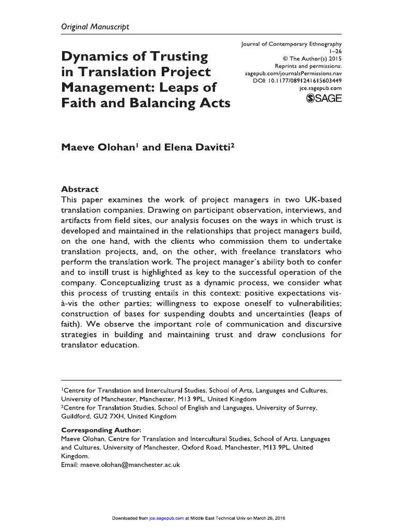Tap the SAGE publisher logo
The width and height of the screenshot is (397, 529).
pyautogui.click(x=324, y=99)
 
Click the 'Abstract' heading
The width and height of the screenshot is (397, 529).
pyautogui.click(x=80, y=190)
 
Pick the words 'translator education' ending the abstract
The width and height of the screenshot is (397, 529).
pyautogui.click(x=100, y=346)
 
